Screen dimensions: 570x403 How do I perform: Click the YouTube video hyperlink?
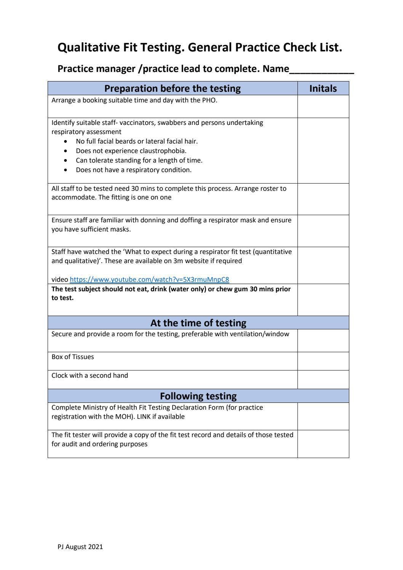(149, 279)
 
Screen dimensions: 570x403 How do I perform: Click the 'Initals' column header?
(323, 88)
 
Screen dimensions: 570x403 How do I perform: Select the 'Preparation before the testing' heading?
(172, 88)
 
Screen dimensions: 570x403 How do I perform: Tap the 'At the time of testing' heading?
(198, 323)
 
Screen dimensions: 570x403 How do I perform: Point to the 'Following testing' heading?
(198, 396)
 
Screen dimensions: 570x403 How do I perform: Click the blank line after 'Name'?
(322, 70)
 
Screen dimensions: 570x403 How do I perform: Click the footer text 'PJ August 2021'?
(80, 547)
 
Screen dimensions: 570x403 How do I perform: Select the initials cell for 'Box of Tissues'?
(323, 361)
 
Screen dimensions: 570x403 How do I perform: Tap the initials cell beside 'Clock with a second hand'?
(323, 380)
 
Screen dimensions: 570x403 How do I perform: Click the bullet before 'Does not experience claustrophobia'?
(67, 151)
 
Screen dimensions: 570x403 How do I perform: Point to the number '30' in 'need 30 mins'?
(135, 188)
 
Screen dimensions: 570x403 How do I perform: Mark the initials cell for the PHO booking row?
(323, 106)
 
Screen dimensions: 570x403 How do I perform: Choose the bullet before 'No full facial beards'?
(67, 141)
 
